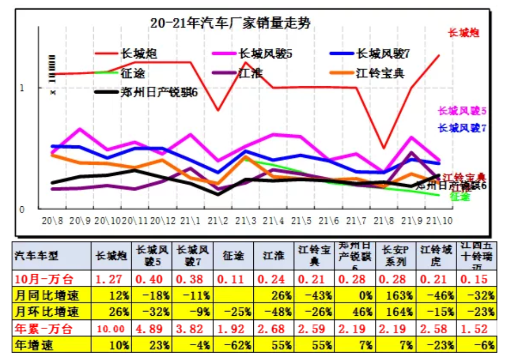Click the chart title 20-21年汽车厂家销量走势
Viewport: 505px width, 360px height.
(x=230, y=23)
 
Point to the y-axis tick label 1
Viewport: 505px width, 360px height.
(x=22, y=88)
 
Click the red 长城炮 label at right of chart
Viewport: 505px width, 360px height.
(x=463, y=33)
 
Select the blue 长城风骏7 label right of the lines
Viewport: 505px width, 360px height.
(x=462, y=128)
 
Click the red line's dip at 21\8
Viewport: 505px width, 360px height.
(x=384, y=148)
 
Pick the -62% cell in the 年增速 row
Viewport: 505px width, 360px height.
(x=232, y=345)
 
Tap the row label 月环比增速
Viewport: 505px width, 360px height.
(x=47, y=312)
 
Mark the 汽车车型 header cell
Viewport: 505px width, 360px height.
(x=37, y=256)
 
